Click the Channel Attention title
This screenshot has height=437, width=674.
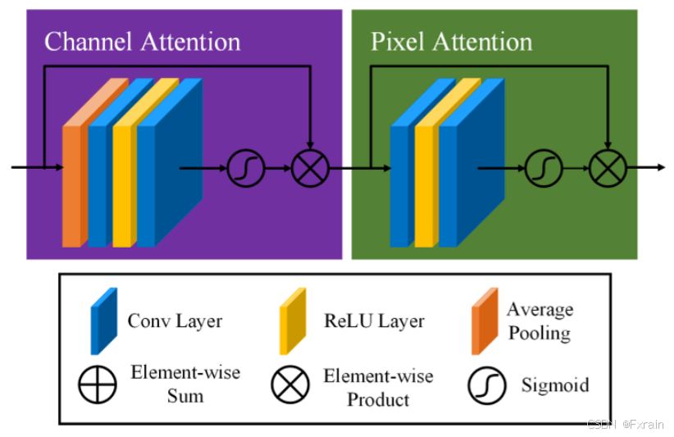pos(142,42)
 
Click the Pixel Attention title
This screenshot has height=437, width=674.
pos(451,42)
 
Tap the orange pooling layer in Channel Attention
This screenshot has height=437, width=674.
pos(72,184)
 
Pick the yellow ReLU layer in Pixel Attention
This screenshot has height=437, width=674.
pos(423,184)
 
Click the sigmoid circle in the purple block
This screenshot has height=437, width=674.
pos(245,168)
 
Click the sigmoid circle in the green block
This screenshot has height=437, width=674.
pos(544,168)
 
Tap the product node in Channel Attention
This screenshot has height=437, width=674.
pos(310,168)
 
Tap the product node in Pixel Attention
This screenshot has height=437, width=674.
pos(608,168)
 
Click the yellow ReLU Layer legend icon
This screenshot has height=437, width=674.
pos(293,321)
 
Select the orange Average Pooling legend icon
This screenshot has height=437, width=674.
pos(485,321)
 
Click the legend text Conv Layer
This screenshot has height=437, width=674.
pos(175,321)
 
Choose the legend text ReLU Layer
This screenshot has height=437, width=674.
pos(375,321)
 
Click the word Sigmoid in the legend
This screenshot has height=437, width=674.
pos(555,385)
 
